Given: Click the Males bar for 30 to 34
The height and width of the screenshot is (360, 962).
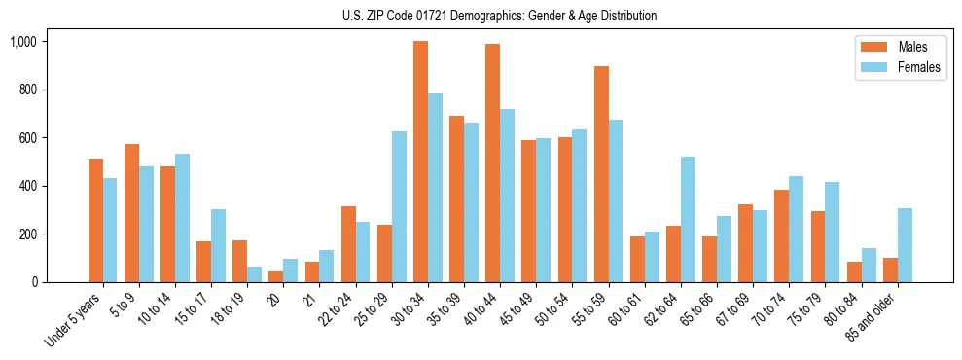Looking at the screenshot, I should (420, 162).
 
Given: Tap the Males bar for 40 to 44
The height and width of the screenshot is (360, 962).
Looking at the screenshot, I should (492, 162).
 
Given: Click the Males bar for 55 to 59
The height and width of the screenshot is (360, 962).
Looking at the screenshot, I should (601, 174).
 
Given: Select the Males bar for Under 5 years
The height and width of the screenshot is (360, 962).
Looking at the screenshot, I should (95, 220).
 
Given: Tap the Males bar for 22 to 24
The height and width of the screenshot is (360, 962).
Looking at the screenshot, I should (348, 244).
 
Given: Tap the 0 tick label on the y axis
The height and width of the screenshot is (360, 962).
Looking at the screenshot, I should (34, 282).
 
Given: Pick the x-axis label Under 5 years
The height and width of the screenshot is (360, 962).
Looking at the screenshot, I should (74, 319).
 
